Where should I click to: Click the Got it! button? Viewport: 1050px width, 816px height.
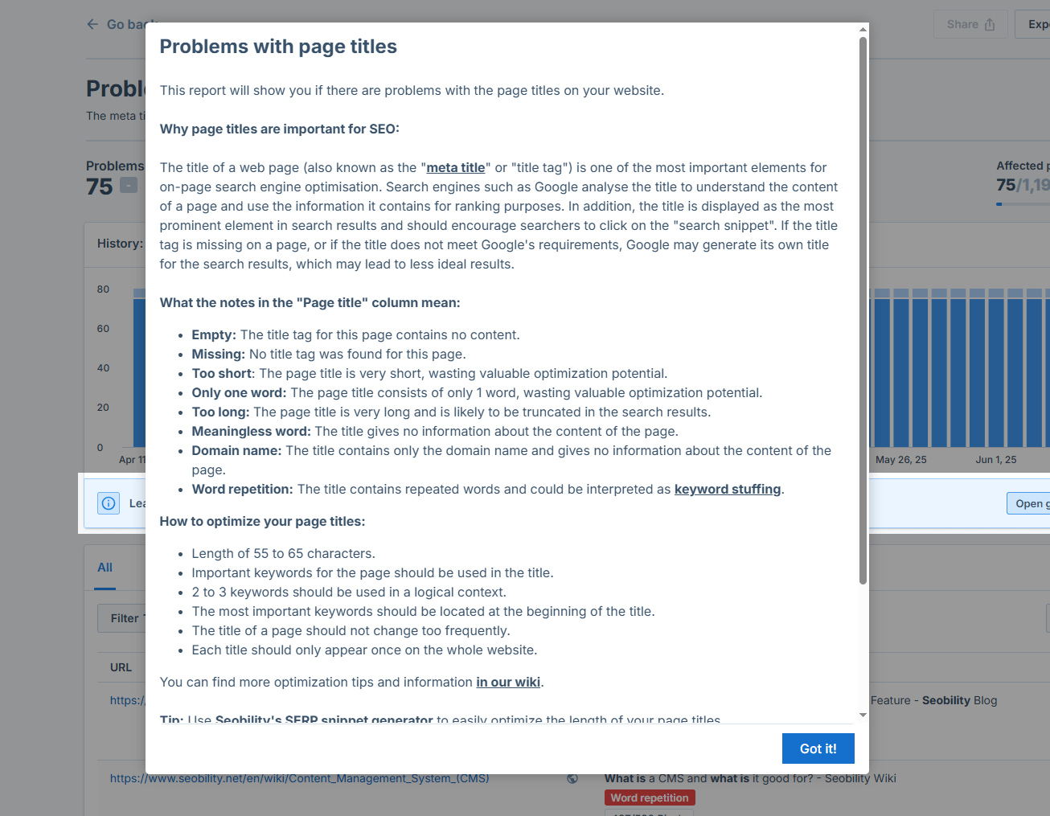(x=818, y=748)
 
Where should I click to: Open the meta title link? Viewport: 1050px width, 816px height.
(x=456, y=168)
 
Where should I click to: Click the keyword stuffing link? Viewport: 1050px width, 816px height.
(x=728, y=490)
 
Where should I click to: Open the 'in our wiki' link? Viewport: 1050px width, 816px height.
(x=508, y=683)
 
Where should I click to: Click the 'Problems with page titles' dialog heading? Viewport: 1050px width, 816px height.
(x=278, y=47)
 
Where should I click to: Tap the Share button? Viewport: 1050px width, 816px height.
(x=970, y=25)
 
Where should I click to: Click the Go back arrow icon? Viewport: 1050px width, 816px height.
(x=92, y=25)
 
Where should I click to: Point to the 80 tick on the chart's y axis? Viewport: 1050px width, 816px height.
(x=104, y=289)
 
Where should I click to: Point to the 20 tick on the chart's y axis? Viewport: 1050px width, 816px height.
(x=104, y=408)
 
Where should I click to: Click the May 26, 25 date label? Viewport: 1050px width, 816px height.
(x=900, y=460)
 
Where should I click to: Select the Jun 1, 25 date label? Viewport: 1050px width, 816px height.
(x=995, y=460)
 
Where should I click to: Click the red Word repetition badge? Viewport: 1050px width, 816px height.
(x=650, y=798)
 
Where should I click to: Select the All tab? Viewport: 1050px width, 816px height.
(x=105, y=568)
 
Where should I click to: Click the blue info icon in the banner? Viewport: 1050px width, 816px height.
(x=109, y=503)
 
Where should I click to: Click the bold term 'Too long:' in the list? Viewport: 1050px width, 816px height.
(x=220, y=412)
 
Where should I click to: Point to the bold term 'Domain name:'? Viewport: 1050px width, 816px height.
(x=236, y=451)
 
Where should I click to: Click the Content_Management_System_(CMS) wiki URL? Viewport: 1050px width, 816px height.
(x=299, y=778)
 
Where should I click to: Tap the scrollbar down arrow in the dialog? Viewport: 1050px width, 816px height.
(x=863, y=715)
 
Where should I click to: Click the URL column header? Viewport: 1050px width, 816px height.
(x=121, y=667)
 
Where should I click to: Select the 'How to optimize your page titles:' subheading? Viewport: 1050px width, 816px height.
(x=262, y=522)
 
